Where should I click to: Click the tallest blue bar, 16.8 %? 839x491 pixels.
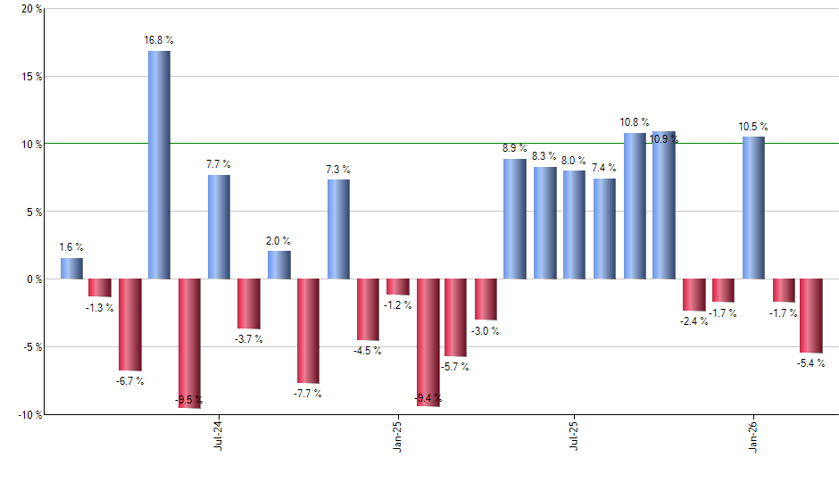(159, 165)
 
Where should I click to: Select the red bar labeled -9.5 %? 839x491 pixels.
(189, 343)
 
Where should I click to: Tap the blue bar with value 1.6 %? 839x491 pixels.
(71, 269)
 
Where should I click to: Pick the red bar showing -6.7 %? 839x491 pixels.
(130, 324)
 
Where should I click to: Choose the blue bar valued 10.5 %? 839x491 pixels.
(753, 208)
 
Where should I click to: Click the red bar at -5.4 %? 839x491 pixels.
(811, 315)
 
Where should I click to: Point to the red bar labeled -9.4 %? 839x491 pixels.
(428, 342)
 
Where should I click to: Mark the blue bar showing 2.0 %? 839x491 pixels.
(278, 265)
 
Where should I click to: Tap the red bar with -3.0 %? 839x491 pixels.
(486, 299)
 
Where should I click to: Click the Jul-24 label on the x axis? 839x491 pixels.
(219, 437)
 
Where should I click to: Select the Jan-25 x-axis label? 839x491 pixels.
(397, 437)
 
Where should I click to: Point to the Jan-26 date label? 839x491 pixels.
(753, 437)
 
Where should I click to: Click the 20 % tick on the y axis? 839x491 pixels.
(30, 9)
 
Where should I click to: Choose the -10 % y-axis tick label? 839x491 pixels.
(29, 415)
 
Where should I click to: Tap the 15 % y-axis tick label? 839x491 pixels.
(30, 77)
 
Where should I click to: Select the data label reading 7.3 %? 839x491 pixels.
(337, 169)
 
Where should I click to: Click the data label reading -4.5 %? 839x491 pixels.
(367, 351)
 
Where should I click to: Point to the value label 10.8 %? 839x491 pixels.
(635, 121)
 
